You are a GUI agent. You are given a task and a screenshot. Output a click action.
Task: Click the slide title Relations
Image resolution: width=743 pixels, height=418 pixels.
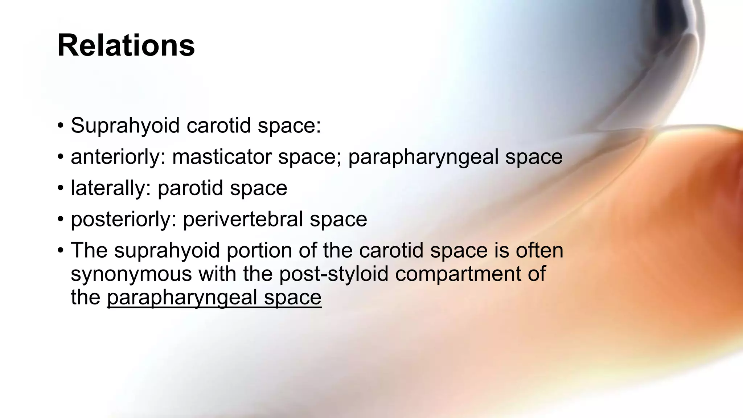click(x=126, y=46)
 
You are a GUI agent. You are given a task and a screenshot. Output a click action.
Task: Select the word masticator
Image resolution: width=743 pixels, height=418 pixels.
click(x=222, y=157)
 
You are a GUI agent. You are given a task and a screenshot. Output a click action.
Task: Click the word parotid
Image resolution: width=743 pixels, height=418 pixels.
click(x=190, y=188)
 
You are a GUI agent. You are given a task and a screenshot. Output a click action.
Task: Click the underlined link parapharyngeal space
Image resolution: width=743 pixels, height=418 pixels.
click(x=214, y=297)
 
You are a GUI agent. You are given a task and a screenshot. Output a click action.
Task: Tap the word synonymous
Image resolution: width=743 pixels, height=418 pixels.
click(x=131, y=274)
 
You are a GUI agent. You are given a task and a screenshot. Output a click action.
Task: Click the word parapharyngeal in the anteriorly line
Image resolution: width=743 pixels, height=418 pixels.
click(x=423, y=157)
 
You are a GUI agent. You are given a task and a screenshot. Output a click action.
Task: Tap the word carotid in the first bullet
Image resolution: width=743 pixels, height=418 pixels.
click(x=219, y=126)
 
